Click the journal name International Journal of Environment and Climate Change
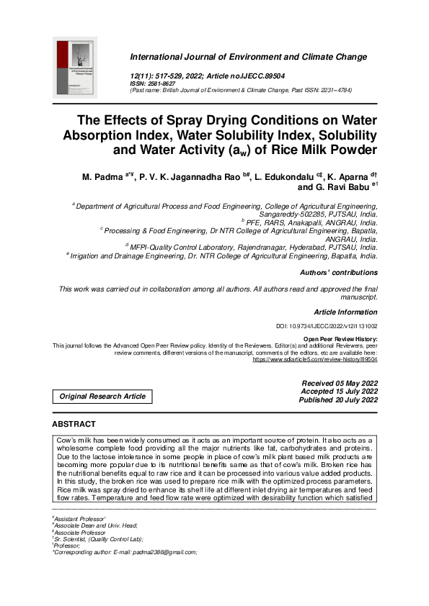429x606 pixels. [x=248, y=57]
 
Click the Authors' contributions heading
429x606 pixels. [x=338, y=273]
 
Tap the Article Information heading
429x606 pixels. [x=345, y=312]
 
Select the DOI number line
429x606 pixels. [x=327, y=326]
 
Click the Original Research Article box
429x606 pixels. [x=102, y=396]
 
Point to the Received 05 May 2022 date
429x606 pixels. [x=338, y=383]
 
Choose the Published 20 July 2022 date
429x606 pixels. [x=338, y=400]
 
